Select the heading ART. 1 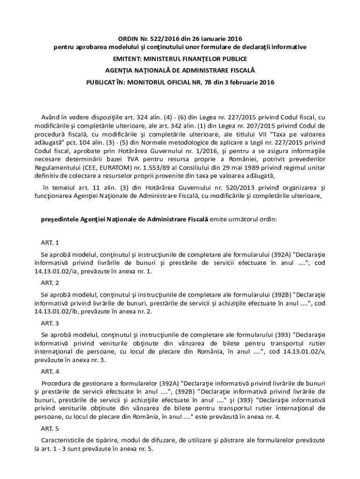(50, 243)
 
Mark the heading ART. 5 (50, 428)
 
